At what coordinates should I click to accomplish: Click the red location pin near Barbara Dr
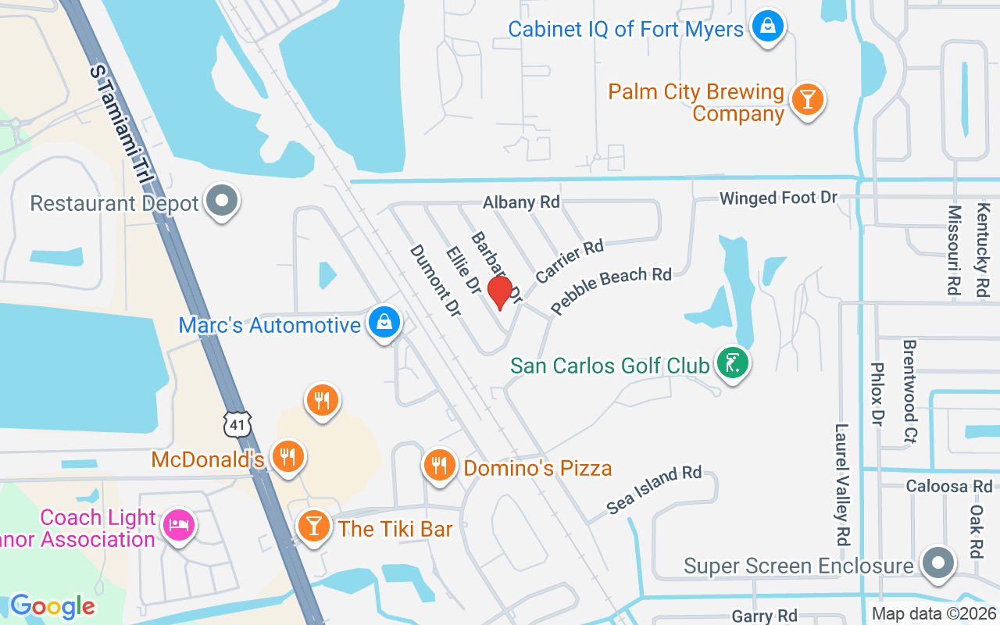[500, 291]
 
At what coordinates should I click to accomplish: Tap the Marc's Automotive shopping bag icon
[384, 322]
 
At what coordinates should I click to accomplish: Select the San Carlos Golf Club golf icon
[732, 362]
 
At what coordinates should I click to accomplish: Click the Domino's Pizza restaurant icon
[439, 465]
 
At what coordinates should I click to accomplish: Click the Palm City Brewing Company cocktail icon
[807, 100]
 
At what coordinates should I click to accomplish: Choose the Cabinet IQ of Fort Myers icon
[768, 27]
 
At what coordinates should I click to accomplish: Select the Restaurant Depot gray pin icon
[222, 201]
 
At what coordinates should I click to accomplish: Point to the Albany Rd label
[521, 202]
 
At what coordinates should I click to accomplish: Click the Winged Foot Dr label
[778, 198]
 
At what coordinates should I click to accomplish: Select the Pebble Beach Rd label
[611, 290]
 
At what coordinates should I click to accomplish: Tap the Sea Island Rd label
[654, 490]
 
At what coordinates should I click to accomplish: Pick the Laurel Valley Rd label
[841, 484]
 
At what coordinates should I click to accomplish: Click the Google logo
[52, 606]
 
